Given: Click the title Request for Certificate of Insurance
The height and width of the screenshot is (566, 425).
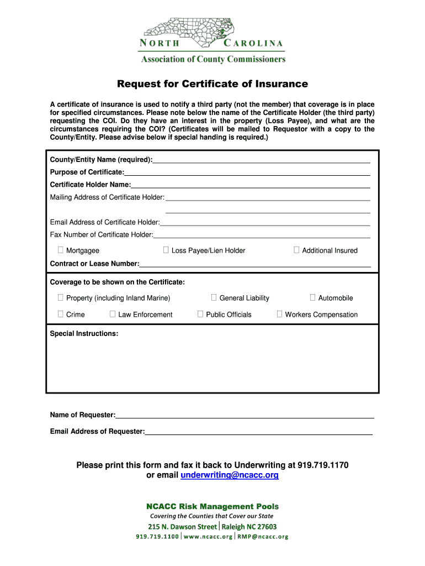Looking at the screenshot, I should click(212, 84).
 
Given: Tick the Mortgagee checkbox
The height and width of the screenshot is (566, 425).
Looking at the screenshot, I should click(61, 250).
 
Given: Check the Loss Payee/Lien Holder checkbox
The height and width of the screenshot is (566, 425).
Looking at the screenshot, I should click(166, 250).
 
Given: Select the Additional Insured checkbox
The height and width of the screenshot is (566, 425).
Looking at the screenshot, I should click(296, 250).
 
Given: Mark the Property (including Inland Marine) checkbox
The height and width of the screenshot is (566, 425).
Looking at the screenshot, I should click(61, 298).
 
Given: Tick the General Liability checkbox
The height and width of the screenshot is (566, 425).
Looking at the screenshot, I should click(214, 298).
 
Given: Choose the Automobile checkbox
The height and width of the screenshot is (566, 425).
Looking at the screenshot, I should click(312, 298).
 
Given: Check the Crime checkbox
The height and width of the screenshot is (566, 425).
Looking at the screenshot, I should click(61, 315).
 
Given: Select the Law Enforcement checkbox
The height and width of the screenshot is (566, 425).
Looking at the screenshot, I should click(113, 315).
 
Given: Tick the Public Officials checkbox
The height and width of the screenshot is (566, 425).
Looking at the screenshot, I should click(200, 315).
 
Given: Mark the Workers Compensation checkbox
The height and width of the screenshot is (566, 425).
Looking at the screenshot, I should click(279, 315).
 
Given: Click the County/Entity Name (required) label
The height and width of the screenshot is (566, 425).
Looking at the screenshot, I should click(101, 160).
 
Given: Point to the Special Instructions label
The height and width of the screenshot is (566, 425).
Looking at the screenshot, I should click(84, 334).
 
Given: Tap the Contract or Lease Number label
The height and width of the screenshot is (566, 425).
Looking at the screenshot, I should click(94, 264).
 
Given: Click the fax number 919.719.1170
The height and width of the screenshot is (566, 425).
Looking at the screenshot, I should click(323, 465).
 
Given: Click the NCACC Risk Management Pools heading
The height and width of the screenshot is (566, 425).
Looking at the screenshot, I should click(212, 506).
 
